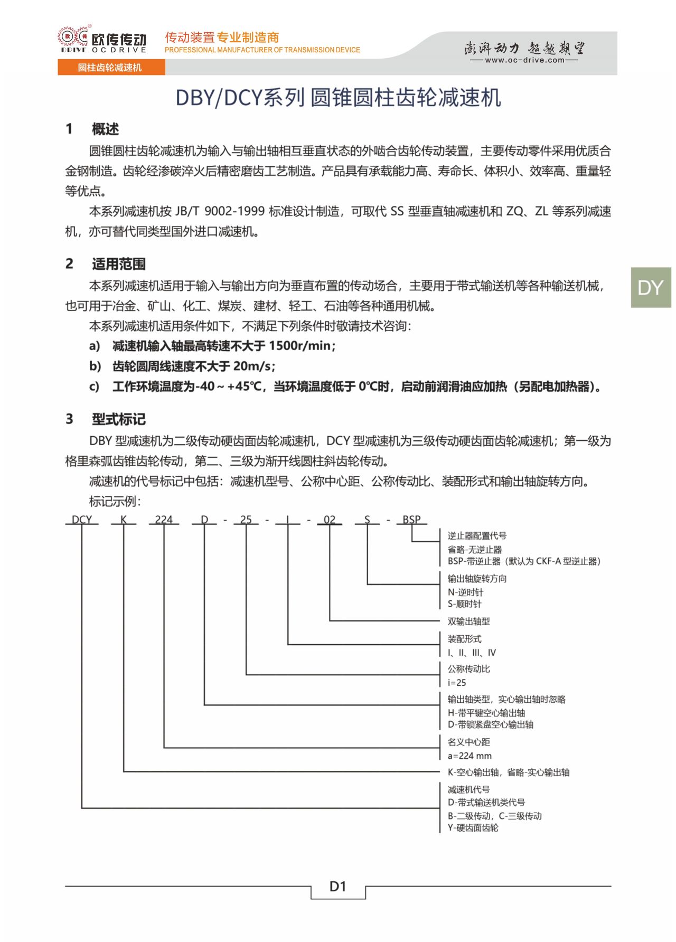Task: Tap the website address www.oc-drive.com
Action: click(524, 60)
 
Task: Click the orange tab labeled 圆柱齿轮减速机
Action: click(110, 68)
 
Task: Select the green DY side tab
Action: click(650, 288)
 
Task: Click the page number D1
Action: click(338, 887)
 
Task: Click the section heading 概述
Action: click(105, 129)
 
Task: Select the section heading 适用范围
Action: click(118, 264)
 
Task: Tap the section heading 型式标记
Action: click(118, 419)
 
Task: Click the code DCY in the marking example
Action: click(82, 520)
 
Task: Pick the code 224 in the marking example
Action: click(164, 520)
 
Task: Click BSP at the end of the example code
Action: click(411, 520)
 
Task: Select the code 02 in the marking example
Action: click(330, 520)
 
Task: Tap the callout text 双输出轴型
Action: click(468, 621)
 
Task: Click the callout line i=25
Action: click(457, 683)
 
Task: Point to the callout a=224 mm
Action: click(470, 756)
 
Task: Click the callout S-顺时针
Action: click(465, 604)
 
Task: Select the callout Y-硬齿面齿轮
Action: click(473, 828)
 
